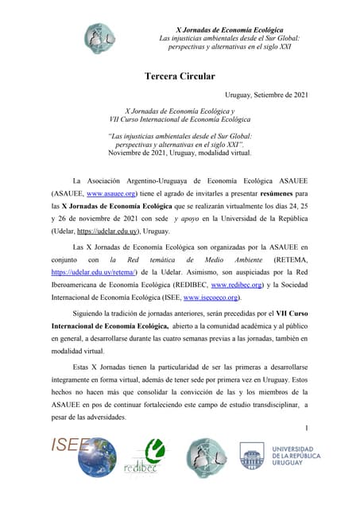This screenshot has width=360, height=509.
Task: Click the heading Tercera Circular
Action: [x=180, y=76]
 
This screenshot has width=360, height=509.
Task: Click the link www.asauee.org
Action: [x=112, y=193]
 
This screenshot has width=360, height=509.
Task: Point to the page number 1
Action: [x=306, y=429]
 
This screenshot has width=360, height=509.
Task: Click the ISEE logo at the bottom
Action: [x=71, y=457]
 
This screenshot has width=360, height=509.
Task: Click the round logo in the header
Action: [x=99, y=37]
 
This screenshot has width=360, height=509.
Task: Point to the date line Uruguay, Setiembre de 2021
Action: [x=267, y=95]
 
